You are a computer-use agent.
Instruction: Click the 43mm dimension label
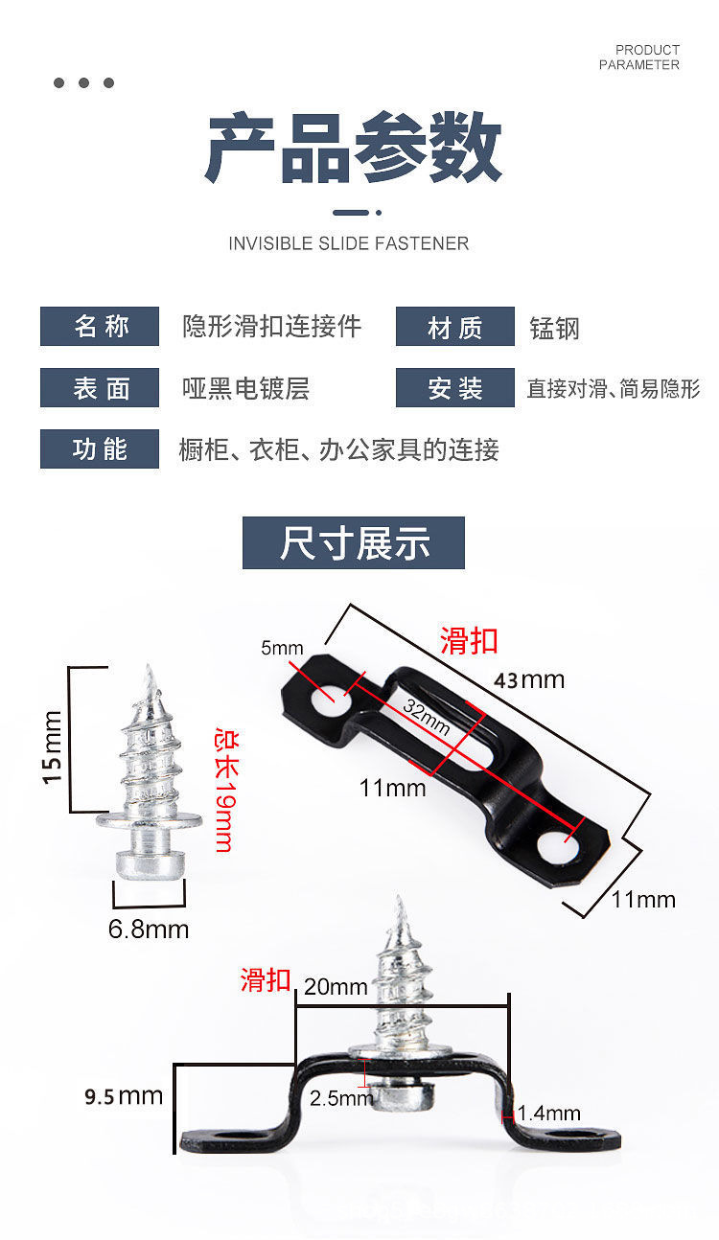[529, 680]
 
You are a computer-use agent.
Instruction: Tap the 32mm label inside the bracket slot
[427, 717]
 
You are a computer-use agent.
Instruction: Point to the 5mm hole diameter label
[282, 648]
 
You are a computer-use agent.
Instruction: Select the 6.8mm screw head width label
[149, 930]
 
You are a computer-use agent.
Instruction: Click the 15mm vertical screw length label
[52, 747]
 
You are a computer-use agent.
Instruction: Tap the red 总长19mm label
[226, 790]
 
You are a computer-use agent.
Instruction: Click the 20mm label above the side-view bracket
[336, 986]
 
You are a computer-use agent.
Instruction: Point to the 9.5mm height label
[124, 1096]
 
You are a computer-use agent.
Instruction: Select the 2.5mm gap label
[341, 1098]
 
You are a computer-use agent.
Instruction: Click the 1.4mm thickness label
[549, 1114]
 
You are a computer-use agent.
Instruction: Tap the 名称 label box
[100, 326]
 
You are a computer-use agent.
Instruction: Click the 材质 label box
[454, 326]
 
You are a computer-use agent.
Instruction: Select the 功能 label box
[100, 448]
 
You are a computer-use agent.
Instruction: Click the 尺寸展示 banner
[354, 542]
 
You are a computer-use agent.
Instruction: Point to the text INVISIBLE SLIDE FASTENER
[349, 243]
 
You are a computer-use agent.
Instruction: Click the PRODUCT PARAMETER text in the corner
[639, 57]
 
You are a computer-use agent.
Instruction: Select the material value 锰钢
[554, 329]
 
